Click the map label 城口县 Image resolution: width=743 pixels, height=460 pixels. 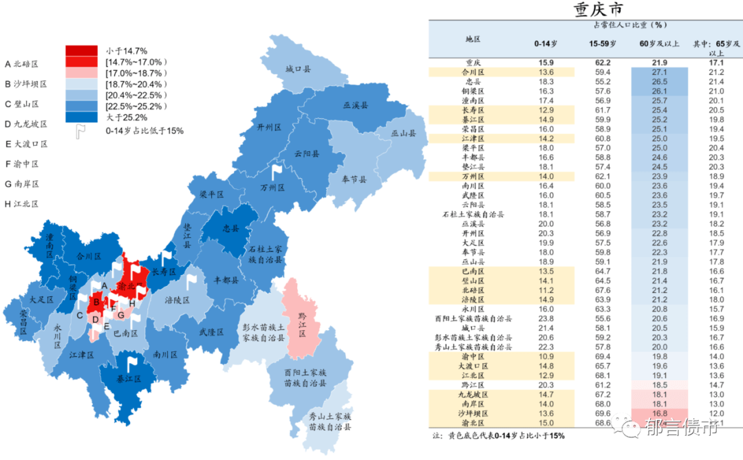click(299, 69)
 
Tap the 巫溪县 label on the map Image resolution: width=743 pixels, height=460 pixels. click(356, 105)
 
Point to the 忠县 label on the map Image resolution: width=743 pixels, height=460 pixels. click(231, 228)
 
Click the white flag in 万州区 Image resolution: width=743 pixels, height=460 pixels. click(277, 170)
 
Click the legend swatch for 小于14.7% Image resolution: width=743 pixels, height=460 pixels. click(81, 51)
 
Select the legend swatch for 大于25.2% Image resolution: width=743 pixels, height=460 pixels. click(81, 117)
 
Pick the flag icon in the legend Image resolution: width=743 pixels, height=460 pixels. click(80, 131)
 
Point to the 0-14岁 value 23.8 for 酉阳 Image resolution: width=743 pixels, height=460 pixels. click(546, 318)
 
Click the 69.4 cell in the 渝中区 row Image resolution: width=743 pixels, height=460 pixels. click(603, 356)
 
